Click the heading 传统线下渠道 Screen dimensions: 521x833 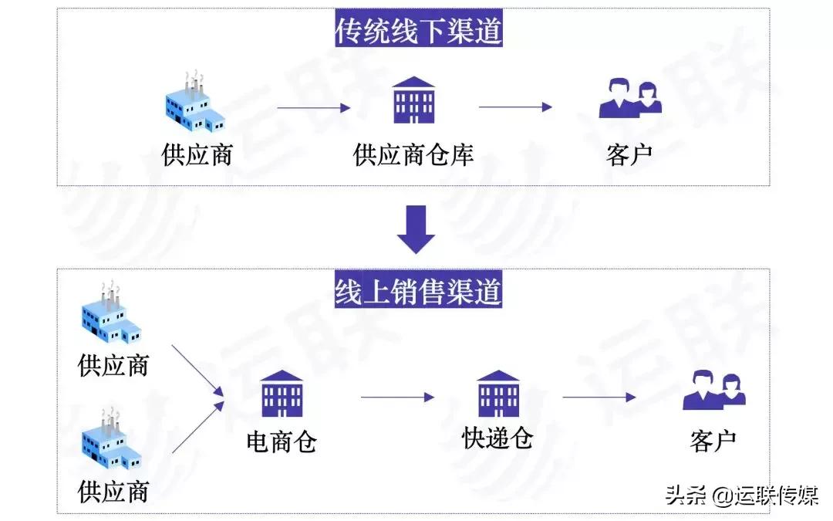point(418,31)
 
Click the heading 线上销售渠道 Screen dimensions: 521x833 point(418,292)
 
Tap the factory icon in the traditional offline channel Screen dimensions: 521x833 point(196,103)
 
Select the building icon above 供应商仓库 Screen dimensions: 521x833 point(413,100)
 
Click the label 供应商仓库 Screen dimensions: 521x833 point(413,155)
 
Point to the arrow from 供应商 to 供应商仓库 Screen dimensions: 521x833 point(314,108)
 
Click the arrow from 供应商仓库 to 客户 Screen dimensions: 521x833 point(515,108)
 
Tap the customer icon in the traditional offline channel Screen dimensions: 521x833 point(630,98)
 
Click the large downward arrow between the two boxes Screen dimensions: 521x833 point(416,229)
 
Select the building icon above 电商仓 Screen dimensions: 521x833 point(282,394)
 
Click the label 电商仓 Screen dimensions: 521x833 point(282,441)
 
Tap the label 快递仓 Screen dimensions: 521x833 point(497,438)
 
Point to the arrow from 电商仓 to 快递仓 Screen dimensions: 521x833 point(397,398)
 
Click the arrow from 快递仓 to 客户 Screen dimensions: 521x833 point(599,398)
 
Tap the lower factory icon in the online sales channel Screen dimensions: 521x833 point(111,440)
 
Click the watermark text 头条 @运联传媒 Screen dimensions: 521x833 point(742,495)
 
